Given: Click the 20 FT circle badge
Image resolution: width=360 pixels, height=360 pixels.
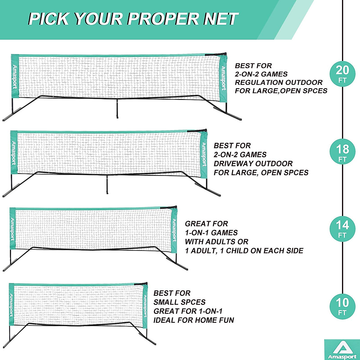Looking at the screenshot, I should pyautogui.click(x=343, y=73).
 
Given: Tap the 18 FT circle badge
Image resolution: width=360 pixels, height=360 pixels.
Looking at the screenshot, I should pyautogui.click(x=343, y=152).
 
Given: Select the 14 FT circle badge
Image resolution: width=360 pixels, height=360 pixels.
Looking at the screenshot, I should pyautogui.click(x=343, y=229).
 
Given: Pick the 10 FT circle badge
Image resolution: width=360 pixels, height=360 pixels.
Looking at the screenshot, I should pyautogui.click(x=343, y=306).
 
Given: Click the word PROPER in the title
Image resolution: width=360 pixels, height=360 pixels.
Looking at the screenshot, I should pyautogui.click(x=163, y=19).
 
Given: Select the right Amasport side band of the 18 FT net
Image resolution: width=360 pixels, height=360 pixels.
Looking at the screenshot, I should pyautogui.click(x=204, y=154).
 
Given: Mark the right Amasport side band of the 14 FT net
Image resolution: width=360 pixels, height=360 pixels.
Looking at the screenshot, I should pyautogui.click(x=174, y=230).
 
